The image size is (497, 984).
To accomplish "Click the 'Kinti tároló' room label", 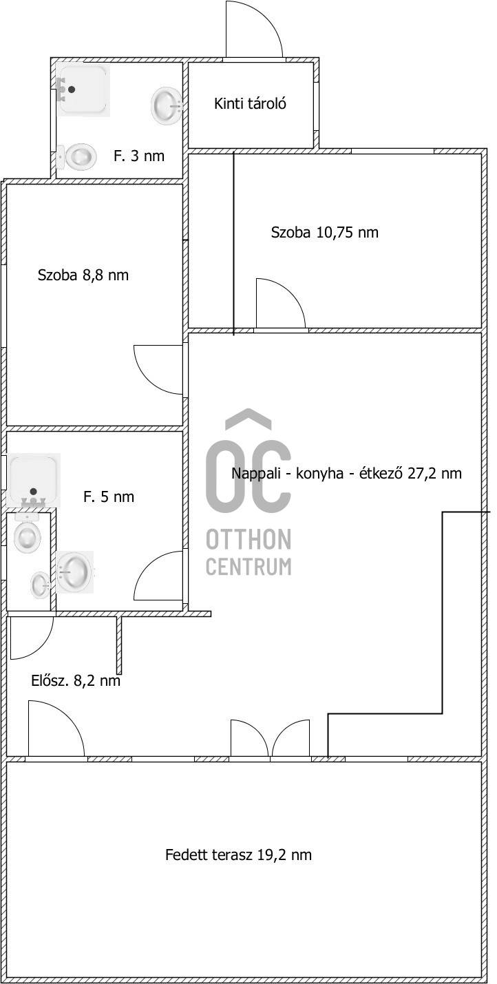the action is coord(250,104).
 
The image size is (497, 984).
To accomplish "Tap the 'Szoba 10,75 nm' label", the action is coord(324,232).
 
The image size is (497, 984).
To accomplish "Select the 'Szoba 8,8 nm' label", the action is coord(83,275).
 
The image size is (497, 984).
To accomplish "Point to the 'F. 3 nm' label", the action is coord(139,156).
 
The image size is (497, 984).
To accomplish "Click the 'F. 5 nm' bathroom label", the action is coord(109,497).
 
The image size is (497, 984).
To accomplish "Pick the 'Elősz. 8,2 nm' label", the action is coord(76,680).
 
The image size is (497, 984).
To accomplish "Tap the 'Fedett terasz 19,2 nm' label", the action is coord(238,855).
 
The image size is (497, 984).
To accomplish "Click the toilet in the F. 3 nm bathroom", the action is coord(77,157).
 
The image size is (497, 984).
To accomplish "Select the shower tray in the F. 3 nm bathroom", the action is coord(83,90).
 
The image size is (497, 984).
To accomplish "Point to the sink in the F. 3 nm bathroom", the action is coord(167,105).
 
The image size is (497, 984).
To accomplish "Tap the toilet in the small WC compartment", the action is coord(28,532).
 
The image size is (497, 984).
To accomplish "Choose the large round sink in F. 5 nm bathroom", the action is coord(74,572).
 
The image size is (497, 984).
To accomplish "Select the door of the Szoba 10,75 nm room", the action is coord(281,303).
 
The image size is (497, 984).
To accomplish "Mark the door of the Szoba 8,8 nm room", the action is coord(158,370).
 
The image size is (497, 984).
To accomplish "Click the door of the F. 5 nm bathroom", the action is coord(158,576).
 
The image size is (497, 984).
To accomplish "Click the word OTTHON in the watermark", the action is coord(248,539).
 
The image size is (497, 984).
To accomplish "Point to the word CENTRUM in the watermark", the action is coord(248,566).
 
